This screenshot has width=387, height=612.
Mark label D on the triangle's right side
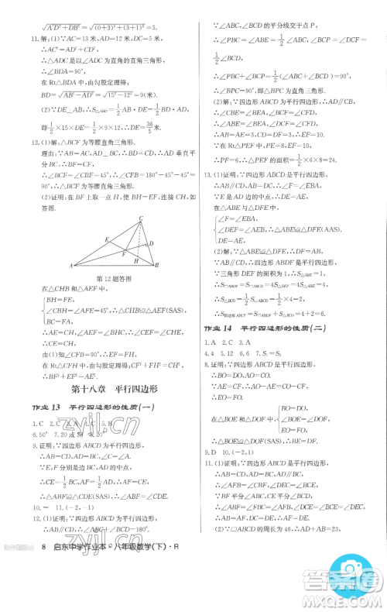click(151, 242)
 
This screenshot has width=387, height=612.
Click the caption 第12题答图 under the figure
click(107, 277)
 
